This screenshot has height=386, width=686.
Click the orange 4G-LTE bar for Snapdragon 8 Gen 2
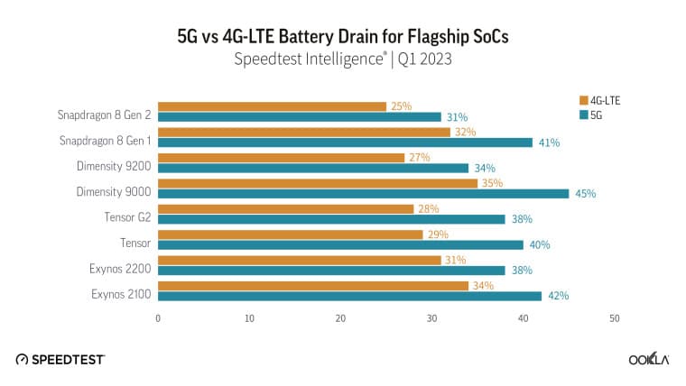point(272,106)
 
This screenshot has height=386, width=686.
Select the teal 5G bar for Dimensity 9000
point(363,193)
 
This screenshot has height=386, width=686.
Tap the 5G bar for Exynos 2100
point(349,295)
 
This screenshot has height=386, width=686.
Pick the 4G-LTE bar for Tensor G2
point(285,208)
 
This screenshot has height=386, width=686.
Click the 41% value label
point(549,142)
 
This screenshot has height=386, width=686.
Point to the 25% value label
point(401,106)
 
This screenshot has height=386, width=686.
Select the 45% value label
point(585,193)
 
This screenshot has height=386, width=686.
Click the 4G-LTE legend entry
point(605,100)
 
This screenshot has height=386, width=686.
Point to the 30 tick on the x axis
point(432,317)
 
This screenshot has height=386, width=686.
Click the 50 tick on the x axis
point(615,317)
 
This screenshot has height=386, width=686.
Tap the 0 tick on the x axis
point(158,317)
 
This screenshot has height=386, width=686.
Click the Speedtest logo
point(60,359)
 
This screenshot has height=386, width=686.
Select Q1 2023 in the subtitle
point(421,61)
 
